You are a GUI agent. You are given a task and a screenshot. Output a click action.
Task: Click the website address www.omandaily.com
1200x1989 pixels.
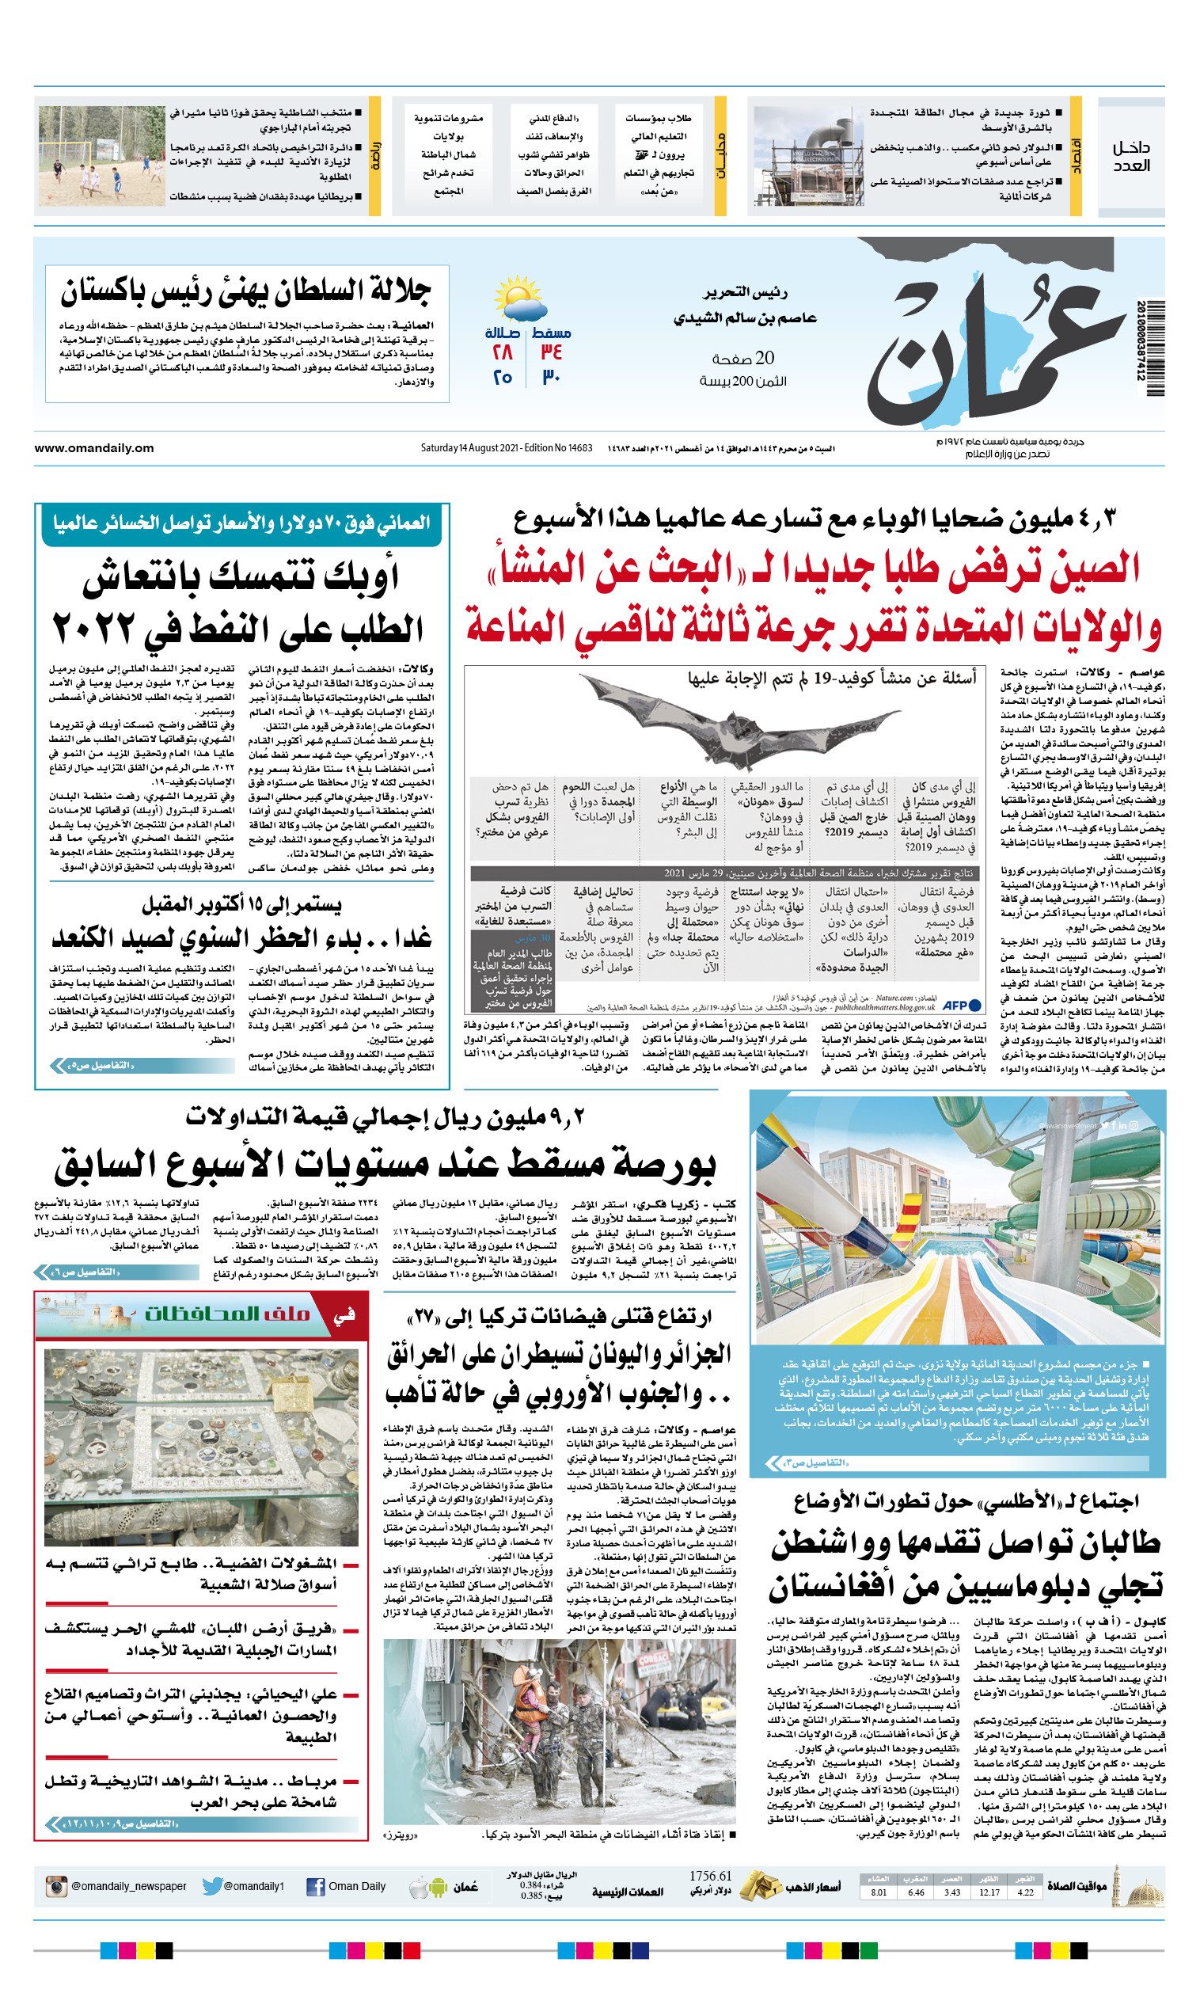pyautogui.click(x=93, y=448)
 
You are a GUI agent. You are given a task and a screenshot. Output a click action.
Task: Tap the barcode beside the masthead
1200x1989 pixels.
pyautogui.click(x=1154, y=347)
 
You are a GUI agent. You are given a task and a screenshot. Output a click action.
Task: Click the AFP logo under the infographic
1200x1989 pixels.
pyautogui.click(x=961, y=1006)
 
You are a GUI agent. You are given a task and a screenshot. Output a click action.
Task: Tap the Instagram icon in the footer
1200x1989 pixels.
pyautogui.click(x=56, y=1887)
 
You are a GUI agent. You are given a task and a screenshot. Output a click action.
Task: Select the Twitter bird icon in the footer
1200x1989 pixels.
pyautogui.click(x=212, y=1887)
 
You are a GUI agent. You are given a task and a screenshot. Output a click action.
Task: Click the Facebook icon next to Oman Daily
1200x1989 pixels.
pyautogui.click(x=316, y=1887)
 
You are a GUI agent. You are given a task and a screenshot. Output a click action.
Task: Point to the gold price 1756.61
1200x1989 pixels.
pyautogui.click(x=710, y=1876)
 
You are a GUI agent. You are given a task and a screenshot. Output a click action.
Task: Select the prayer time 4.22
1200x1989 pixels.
pyautogui.click(x=1025, y=1892)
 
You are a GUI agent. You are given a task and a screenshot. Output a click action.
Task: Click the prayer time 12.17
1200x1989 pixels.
pyautogui.click(x=989, y=1892)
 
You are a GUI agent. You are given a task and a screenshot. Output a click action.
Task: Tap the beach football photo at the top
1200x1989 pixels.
pyautogui.click(x=101, y=156)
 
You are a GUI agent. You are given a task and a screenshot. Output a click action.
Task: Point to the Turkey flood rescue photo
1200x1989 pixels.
pyautogui.click(x=560, y=1742)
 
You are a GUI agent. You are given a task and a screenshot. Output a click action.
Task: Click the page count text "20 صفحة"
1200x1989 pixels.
pyautogui.click(x=742, y=359)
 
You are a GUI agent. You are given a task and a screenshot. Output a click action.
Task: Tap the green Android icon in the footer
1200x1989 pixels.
pyautogui.click(x=439, y=1888)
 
